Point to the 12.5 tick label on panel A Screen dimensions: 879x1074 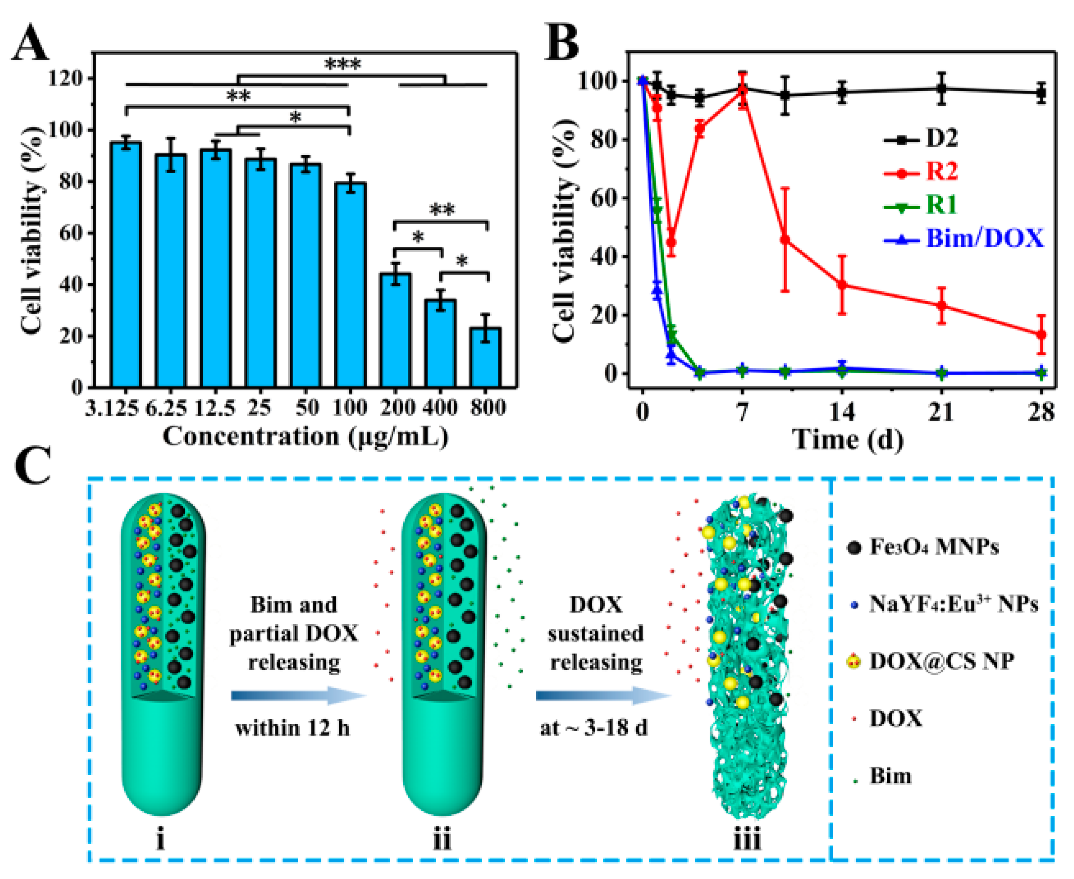215,408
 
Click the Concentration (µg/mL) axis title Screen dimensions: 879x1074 305,437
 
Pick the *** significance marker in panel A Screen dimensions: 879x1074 343,65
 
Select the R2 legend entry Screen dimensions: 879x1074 942,172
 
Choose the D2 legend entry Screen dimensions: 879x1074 942,138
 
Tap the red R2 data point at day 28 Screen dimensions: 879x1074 1041,335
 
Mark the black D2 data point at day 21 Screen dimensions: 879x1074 941,89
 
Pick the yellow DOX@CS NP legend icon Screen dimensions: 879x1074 854,661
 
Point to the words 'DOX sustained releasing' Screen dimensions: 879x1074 596,633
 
